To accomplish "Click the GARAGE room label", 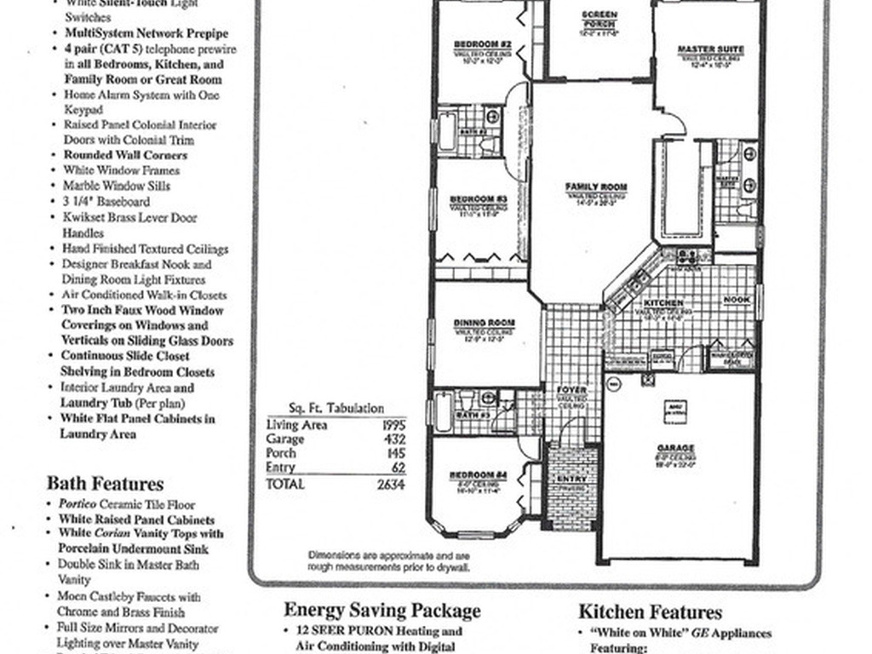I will point(675,448).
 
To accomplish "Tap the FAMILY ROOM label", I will point(596,186).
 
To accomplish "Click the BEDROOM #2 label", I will point(482,43).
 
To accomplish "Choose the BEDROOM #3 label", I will point(479,199).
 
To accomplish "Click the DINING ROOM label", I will point(484,323).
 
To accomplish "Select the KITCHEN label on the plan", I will point(663,303).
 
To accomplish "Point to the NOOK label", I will point(737,300).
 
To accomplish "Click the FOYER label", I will point(571,391).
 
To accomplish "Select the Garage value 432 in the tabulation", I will point(397,439).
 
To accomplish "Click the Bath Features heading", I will point(105,484).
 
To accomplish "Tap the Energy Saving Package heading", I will point(381,610).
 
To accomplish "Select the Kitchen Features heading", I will point(650,611).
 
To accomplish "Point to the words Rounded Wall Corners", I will point(125,155).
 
